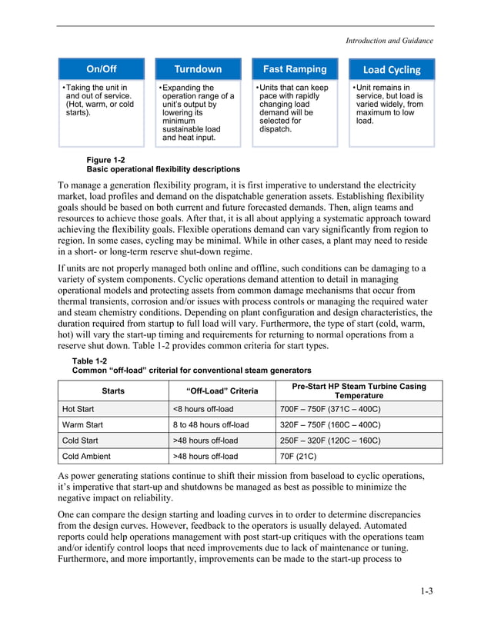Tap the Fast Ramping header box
295,69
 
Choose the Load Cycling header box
392,70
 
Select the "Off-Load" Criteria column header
222,391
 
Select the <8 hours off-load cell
202,409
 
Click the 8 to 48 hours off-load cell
211,425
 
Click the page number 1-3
426,591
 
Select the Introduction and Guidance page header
389,41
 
